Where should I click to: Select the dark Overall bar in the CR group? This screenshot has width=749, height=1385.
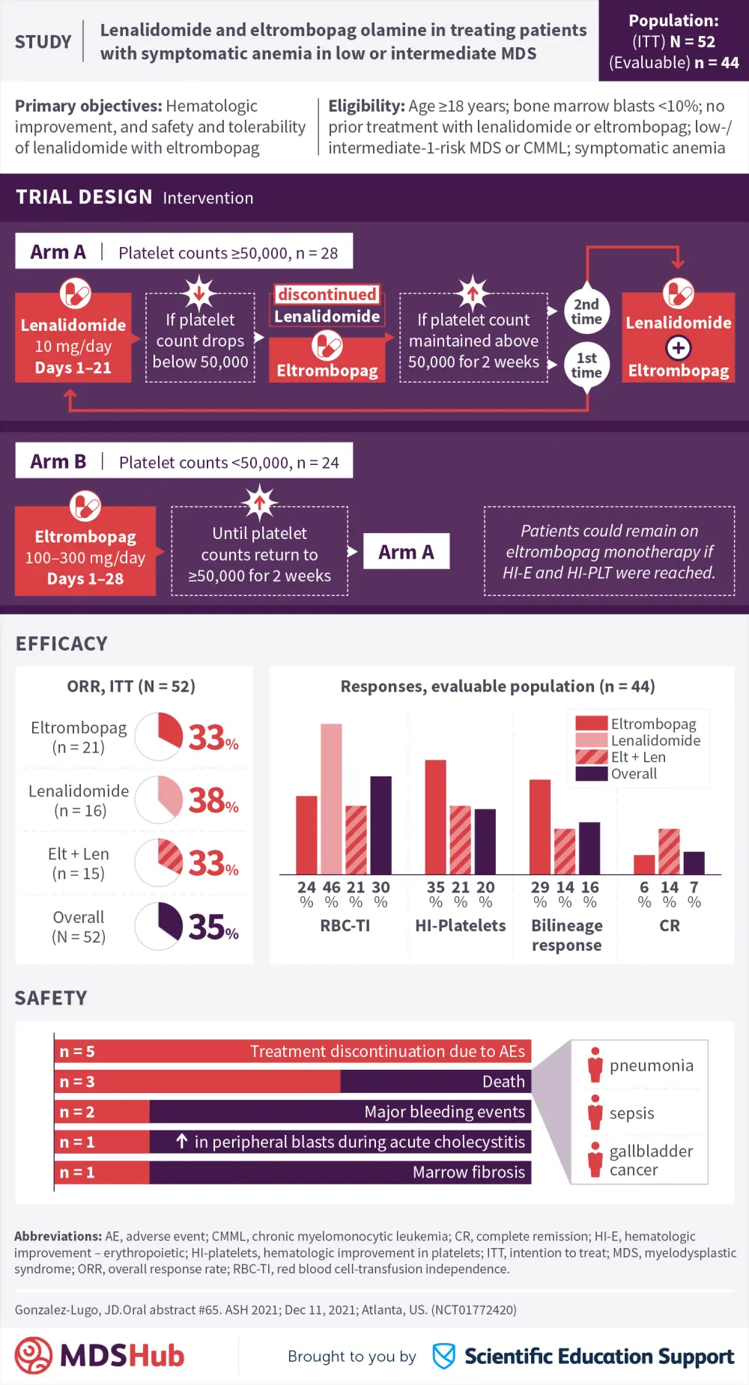[694, 863]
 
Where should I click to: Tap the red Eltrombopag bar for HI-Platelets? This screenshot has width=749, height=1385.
[435, 817]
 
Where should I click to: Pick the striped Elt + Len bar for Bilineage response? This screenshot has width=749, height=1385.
[565, 851]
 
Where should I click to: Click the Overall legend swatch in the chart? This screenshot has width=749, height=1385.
[591, 774]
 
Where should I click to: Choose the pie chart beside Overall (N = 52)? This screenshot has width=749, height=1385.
[159, 926]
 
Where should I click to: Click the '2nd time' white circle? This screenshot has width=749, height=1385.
[586, 311]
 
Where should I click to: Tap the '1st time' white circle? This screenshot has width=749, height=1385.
[586, 365]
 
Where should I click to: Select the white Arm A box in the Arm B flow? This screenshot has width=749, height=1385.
[406, 552]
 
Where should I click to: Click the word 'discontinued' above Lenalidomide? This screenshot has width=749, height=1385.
[327, 294]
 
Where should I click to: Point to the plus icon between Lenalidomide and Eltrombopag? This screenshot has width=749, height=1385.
[678, 347]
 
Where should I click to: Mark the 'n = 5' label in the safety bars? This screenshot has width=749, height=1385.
[77, 1052]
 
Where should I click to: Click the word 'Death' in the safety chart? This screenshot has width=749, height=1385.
[503, 1082]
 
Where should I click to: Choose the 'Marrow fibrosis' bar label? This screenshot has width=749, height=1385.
[469, 1172]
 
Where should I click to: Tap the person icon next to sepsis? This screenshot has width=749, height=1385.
[595, 1112]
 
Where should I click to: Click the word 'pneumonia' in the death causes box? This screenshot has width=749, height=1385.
[651, 1065]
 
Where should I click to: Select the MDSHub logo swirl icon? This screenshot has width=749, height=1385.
[34, 1356]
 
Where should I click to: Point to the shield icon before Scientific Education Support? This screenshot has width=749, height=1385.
[444, 1356]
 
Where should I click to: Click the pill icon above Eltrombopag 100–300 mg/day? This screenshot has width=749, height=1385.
[85, 506]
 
